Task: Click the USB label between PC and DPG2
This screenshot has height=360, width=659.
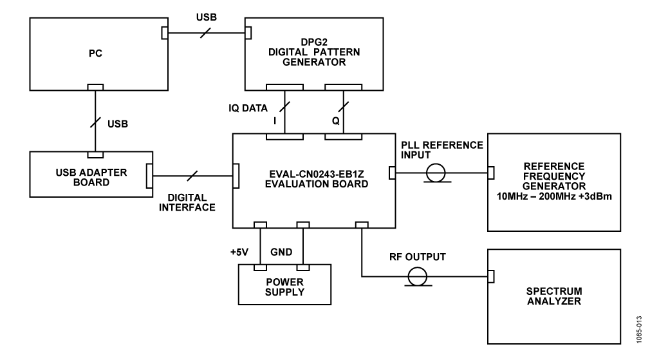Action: (x=205, y=18)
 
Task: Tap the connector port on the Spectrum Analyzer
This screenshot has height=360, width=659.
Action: (x=491, y=276)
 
